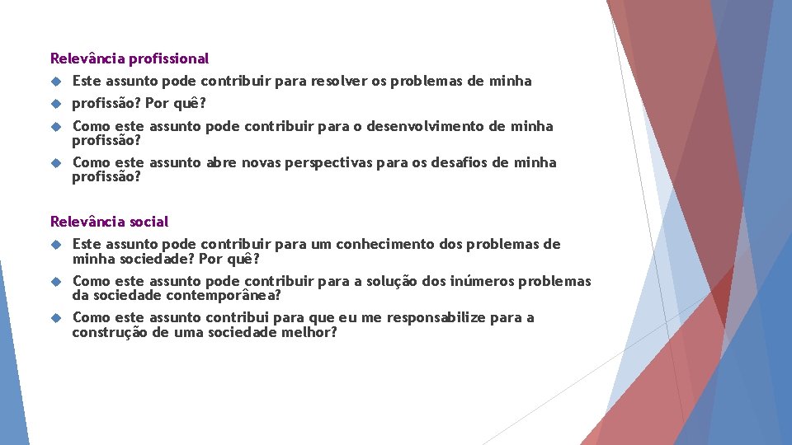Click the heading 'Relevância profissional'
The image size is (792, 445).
[130, 59]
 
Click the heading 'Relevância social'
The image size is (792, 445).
[109, 222]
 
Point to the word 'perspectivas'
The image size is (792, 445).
[328, 162]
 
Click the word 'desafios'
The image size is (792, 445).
[460, 162]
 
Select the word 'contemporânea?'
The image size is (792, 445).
[224, 295]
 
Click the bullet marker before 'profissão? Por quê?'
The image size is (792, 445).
[56, 104]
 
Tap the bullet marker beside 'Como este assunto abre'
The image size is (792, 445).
[56, 162]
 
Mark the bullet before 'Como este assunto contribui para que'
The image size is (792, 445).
[56, 317]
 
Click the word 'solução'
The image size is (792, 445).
[391, 281]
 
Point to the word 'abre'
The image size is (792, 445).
[220, 162]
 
